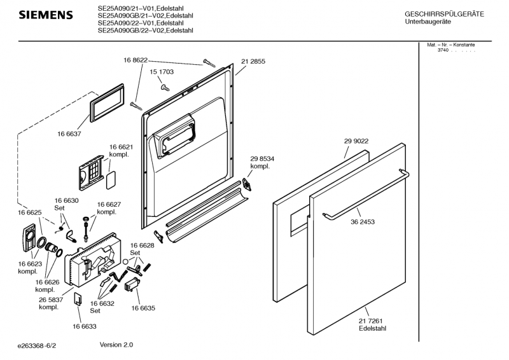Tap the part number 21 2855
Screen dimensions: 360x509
click(253, 62)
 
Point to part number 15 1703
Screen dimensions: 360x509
click(162, 73)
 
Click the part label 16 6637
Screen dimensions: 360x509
click(69, 134)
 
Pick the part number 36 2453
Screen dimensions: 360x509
click(363, 223)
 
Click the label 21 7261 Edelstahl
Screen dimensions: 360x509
click(372, 324)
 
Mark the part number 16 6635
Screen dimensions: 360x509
click(144, 308)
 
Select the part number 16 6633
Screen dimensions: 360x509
click(84, 326)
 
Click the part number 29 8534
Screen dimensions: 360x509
click(262, 159)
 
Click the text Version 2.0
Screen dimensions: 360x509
click(116, 345)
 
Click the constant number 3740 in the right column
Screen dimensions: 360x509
click(443, 50)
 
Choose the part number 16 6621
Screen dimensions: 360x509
click(120, 147)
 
